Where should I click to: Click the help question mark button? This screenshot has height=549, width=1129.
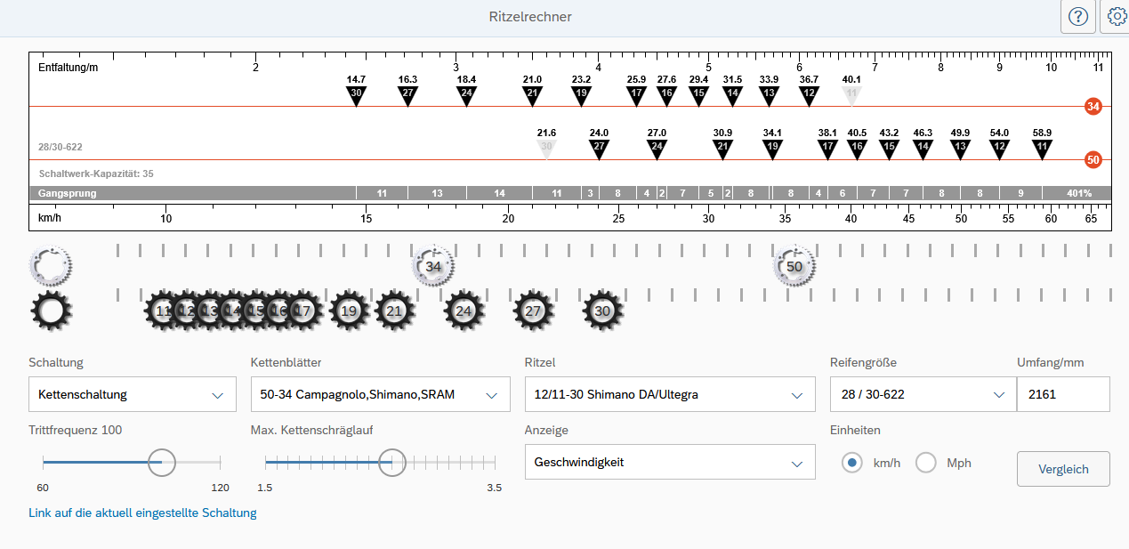pos(1077,17)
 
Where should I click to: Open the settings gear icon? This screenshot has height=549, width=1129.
pos(1117,17)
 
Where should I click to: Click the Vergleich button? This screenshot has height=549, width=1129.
pos(1063,469)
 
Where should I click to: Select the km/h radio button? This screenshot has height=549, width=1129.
pos(851,463)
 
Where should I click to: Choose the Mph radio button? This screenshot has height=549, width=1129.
pos(926,463)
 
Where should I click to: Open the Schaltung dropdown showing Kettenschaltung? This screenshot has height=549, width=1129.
pos(132,394)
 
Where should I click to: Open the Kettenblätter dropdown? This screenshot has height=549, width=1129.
pos(380,394)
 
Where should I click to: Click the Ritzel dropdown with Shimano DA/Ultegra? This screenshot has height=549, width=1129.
pos(670,394)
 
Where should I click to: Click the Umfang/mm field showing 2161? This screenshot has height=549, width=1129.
pos(1063,394)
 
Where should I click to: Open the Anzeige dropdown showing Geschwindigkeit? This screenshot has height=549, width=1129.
pos(670,462)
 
